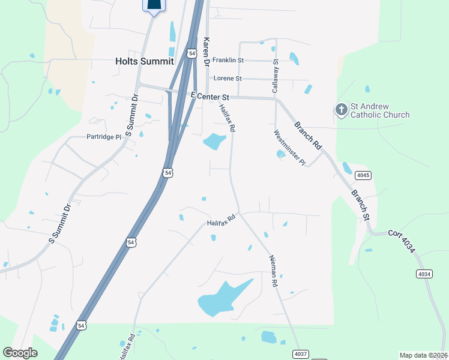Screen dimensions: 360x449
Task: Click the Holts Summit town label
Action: [x=144, y=61]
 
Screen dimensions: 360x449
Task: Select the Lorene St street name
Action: [x=228, y=79]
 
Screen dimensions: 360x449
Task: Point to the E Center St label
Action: [x=210, y=96]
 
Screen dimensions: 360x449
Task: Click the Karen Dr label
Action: [x=206, y=51]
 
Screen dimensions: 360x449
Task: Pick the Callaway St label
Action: [x=276, y=75]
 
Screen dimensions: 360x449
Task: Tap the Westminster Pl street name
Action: [x=290, y=148]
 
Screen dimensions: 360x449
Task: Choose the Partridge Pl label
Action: [x=104, y=137]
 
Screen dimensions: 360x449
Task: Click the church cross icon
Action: [x=341, y=109]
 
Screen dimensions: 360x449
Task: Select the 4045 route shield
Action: [x=362, y=175]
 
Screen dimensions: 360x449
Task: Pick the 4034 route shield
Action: [x=424, y=274]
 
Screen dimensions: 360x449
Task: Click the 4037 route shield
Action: [x=301, y=354]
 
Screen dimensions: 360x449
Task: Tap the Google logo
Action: [x=20, y=353]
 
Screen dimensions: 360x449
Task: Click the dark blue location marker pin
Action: [x=154, y=5]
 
